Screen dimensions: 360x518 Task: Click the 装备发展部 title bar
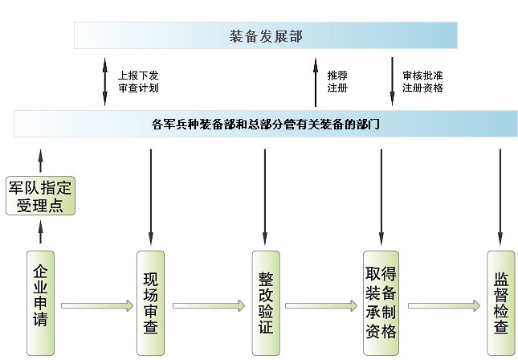[266, 35]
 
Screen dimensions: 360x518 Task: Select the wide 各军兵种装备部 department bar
[265, 124]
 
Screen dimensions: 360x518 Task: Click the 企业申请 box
[40, 302]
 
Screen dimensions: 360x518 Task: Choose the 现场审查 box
[150, 303]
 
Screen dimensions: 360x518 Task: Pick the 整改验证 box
[265, 303]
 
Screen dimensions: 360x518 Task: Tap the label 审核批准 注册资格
[422, 81]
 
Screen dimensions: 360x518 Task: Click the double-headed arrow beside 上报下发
[104, 81]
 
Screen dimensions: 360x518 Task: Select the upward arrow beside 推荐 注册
[316, 84]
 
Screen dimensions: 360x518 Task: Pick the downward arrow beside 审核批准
[392, 81]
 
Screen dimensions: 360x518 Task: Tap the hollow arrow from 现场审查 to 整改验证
[208, 305]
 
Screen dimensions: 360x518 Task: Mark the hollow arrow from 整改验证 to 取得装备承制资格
[320, 305]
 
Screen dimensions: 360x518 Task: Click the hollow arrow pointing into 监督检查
[443, 305]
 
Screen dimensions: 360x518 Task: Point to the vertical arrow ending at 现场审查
[150, 196]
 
